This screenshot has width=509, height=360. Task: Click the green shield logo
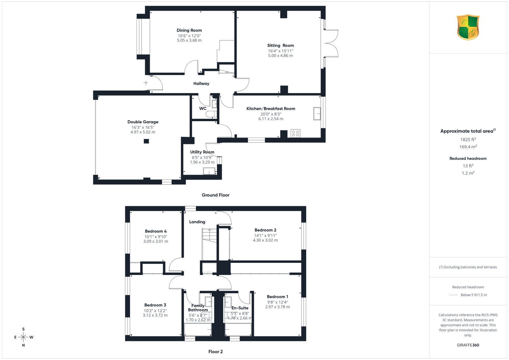click(x=468, y=27)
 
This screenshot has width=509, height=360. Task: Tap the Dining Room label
click(x=189, y=30)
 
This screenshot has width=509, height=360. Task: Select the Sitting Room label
click(x=280, y=45)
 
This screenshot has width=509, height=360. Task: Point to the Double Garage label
click(x=143, y=122)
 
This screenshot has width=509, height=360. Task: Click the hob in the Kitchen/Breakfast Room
click(x=296, y=133)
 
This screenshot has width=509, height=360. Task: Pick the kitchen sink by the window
click(x=317, y=114)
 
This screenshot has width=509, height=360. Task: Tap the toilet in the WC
click(x=211, y=114)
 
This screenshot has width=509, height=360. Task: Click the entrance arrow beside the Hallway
click(x=145, y=83)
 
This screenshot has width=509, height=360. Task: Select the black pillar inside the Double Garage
click(x=146, y=141)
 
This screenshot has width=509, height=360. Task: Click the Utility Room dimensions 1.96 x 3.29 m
click(x=202, y=162)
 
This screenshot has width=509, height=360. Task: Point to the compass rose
click(x=24, y=337)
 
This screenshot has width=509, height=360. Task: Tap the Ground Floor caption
click(x=215, y=195)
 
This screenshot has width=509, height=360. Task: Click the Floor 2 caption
click(x=215, y=352)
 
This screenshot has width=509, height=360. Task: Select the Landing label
click(x=197, y=222)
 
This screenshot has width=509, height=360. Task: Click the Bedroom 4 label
click(x=156, y=231)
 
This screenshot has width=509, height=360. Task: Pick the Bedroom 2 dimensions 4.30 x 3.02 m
click(x=265, y=240)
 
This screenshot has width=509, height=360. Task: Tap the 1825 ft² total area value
click(x=468, y=140)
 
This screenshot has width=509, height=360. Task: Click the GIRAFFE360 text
click(x=468, y=345)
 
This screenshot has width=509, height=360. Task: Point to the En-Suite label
click(x=240, y=308)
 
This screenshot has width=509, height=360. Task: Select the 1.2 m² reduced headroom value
click(x=468, y=173)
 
